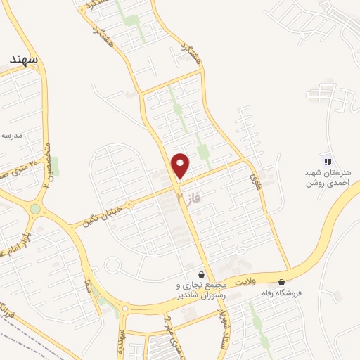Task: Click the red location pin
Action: click(x=181, y=165)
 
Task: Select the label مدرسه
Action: click(x=13, y=134)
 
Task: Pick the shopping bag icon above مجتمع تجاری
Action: click(x=202, y=274)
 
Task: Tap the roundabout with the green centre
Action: click(x=35, y=209)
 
